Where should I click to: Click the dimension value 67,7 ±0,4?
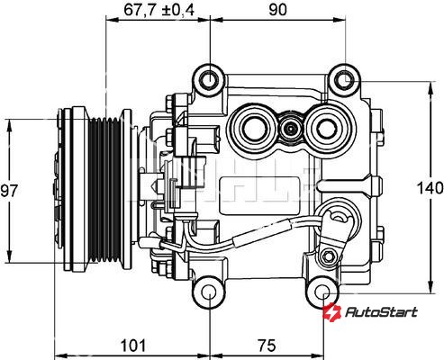pyautogui.click(x=159, y=10)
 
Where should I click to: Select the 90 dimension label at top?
pyautogui.click(x=277, y=10)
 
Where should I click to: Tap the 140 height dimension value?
pyautogui.click(x=430, y=188)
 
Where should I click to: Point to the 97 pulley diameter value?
pyautogui.click(x=9, y=191)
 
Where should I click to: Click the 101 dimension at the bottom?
pyautogui.click(x=133, y=346)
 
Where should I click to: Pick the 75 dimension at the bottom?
pyautogui.click(x=267, y=346)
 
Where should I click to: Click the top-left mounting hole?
pyautogui.click(x=210, y=80)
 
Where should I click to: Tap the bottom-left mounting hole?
pyautogui.click(x=209, y=292)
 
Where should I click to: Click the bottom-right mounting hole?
pyautogui.click(x=323, y=292)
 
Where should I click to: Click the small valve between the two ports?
pyautogui.click(x=291, y=129)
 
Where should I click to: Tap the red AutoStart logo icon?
pyautogui.click(x=332, y=312)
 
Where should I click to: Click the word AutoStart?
pyautogui.click(x=381, y=312)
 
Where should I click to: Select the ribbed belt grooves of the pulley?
pyautogui.click(x=105, y=191)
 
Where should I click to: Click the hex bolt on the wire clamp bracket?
pyautogui.click(x=328, y=256)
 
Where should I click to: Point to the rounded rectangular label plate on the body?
pyautogui.click(x=259, y=195)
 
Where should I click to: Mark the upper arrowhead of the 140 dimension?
pyautogui.click(x=431, y=87)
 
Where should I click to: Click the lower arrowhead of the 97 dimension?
pyautogui.click(x=10, y=256)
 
